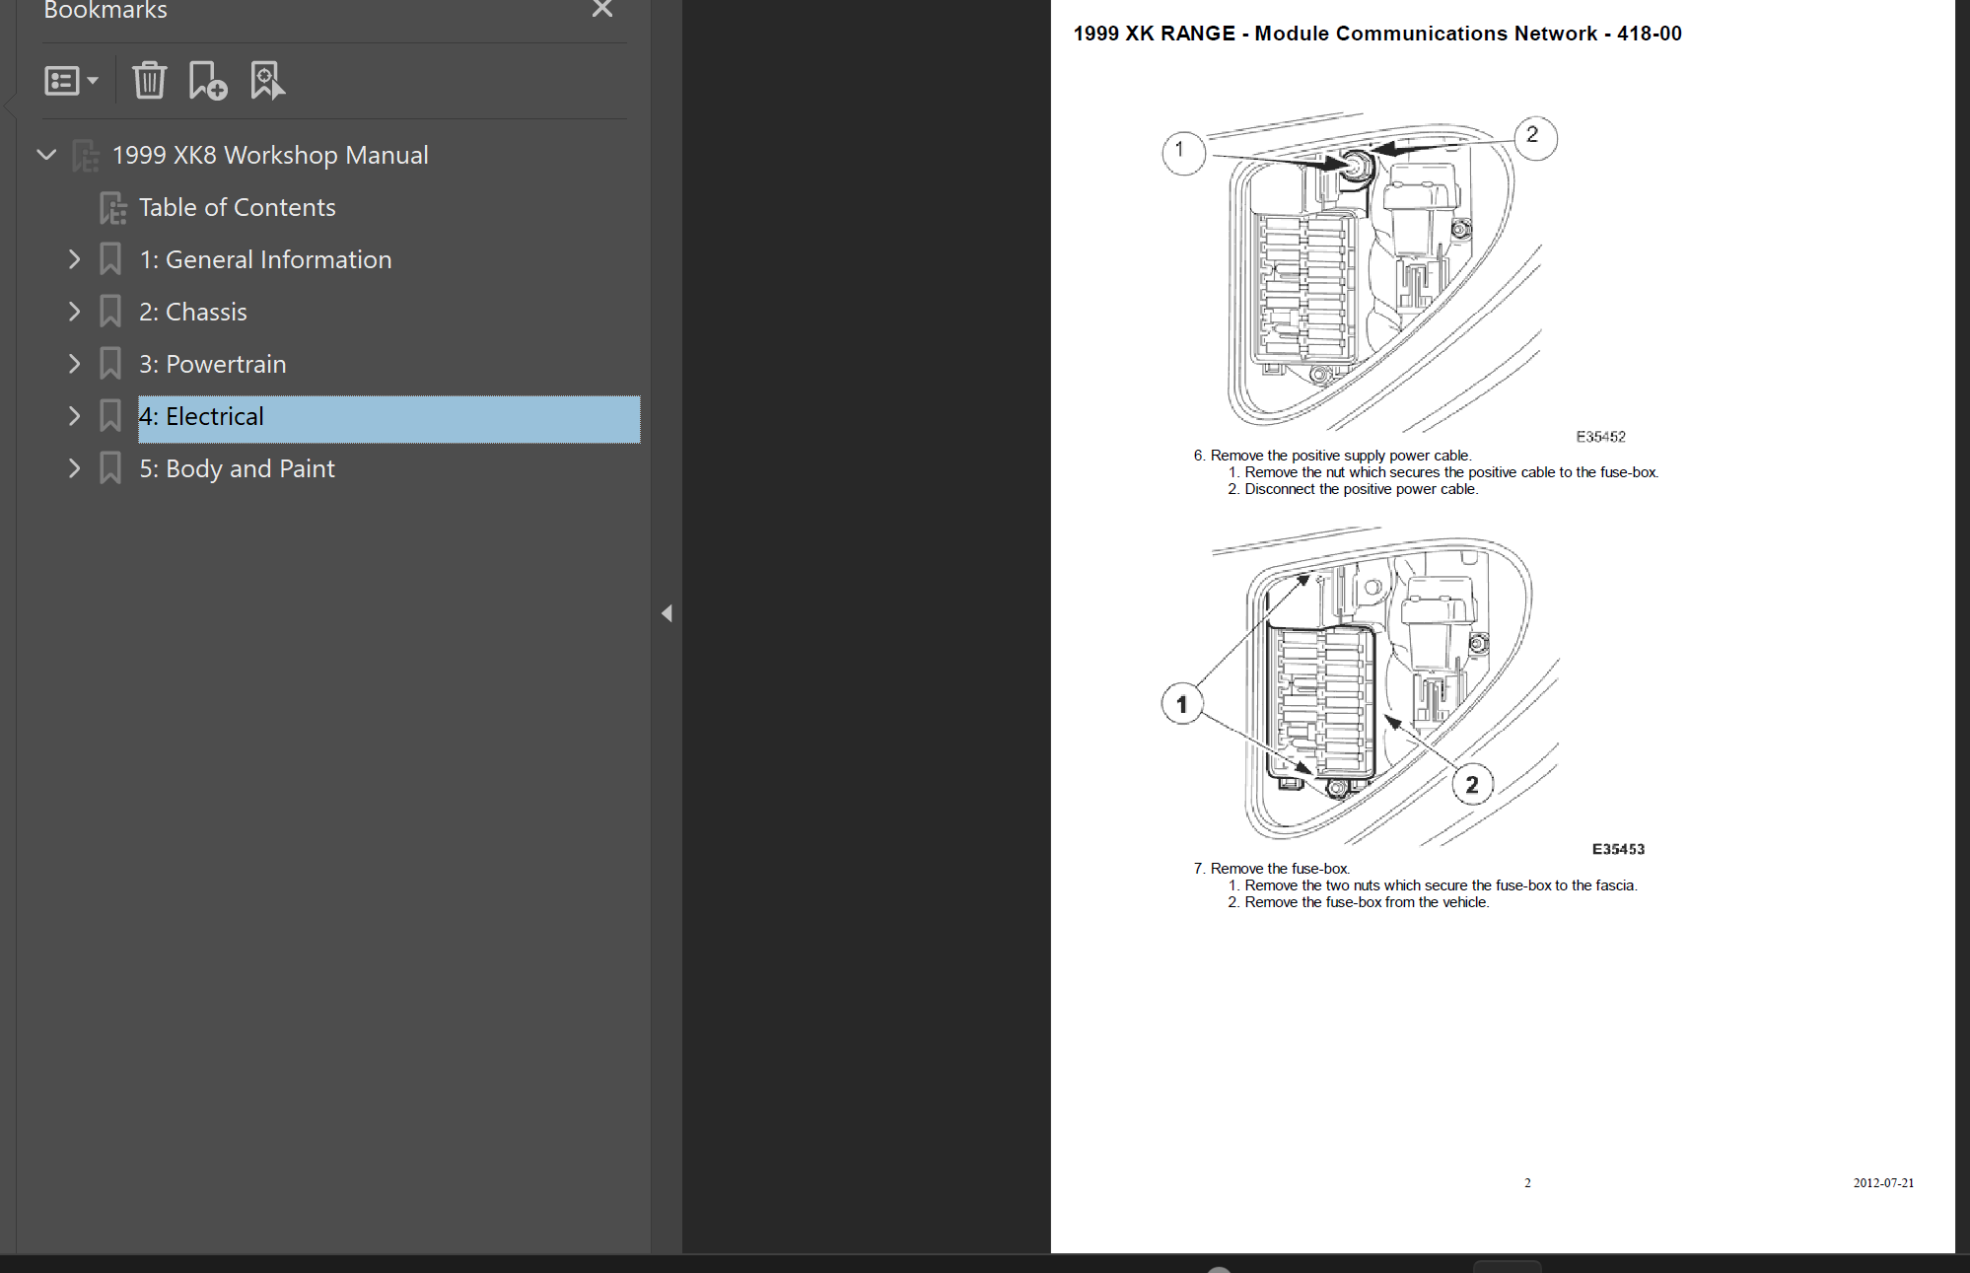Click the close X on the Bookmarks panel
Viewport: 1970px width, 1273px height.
click(x=602, y=9)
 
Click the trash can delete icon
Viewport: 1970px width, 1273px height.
click(x=150, y=80)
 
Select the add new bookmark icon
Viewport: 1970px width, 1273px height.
click(x=208, y=81)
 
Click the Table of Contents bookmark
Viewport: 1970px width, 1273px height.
click(x=237, y=207)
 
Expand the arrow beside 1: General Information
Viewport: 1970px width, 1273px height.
click(x=74, y=259)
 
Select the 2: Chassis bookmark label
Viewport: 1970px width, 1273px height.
click(x=193, y=312)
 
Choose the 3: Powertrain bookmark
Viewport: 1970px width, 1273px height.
click(x=212, y=364)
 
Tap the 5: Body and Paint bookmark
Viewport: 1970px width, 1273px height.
click(x=237, y=468)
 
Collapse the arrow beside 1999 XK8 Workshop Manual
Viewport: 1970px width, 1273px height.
click(x=46, y=155)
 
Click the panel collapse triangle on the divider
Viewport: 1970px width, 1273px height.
click(x=667, y=613)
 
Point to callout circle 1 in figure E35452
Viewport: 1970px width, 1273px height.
click(x=1183, y=152)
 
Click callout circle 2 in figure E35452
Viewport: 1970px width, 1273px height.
click(x=1535, y=137)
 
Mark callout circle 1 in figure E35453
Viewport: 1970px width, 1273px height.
click(x=1182, y=704)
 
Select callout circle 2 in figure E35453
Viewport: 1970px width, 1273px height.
click(x=1472, y=785)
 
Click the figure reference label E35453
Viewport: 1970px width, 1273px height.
click(x=1618, y=849)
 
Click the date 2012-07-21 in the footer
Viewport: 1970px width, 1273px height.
click(x=1883, y=1182)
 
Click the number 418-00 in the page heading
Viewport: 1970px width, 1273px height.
click(x=1649, y=34)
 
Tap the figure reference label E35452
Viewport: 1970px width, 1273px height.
click(x=1600, y=437)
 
